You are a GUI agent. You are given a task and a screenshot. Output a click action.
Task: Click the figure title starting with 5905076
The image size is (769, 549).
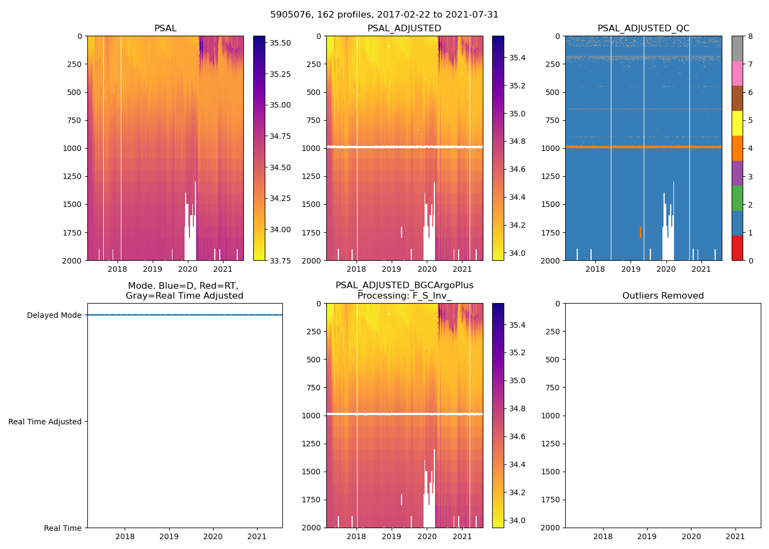coord(384,15)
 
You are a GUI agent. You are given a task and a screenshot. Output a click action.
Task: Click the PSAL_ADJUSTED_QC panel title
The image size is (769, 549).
coord(643,29)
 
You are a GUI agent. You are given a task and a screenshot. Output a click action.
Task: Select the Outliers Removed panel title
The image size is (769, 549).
coord(662,296)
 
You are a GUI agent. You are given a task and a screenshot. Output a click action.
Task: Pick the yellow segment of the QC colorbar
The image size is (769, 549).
coord(737,123)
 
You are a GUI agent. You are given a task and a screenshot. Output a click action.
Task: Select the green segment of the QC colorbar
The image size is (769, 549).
coord(737,198)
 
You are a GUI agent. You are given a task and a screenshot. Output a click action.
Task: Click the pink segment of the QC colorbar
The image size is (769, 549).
coord(737,73)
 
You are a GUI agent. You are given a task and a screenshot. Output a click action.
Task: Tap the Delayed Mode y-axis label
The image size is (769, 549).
coord(54,315)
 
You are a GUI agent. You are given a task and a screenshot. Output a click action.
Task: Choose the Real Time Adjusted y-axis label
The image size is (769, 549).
coord(45,422)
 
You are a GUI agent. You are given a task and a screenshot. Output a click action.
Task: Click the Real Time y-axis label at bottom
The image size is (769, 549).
coord(63,528)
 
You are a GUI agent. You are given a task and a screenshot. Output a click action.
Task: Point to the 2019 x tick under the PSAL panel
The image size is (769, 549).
coord(152,269)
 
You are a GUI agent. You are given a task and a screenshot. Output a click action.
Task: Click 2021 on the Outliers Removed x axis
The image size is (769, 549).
coord(735,536)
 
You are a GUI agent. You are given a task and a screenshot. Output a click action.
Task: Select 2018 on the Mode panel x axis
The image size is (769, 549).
coord(125,536)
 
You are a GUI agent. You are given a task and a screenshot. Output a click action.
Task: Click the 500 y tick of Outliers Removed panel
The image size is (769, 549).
coord(554,360)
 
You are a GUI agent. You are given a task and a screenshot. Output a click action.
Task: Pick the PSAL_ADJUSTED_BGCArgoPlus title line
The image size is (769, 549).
coord(404,285)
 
